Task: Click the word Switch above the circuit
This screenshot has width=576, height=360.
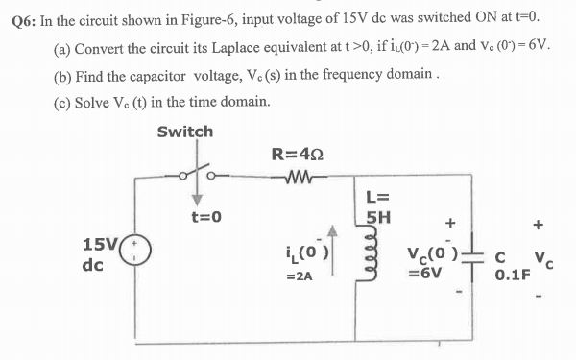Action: tap(185, 132)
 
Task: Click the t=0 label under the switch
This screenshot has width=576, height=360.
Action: tap(204, 217)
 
